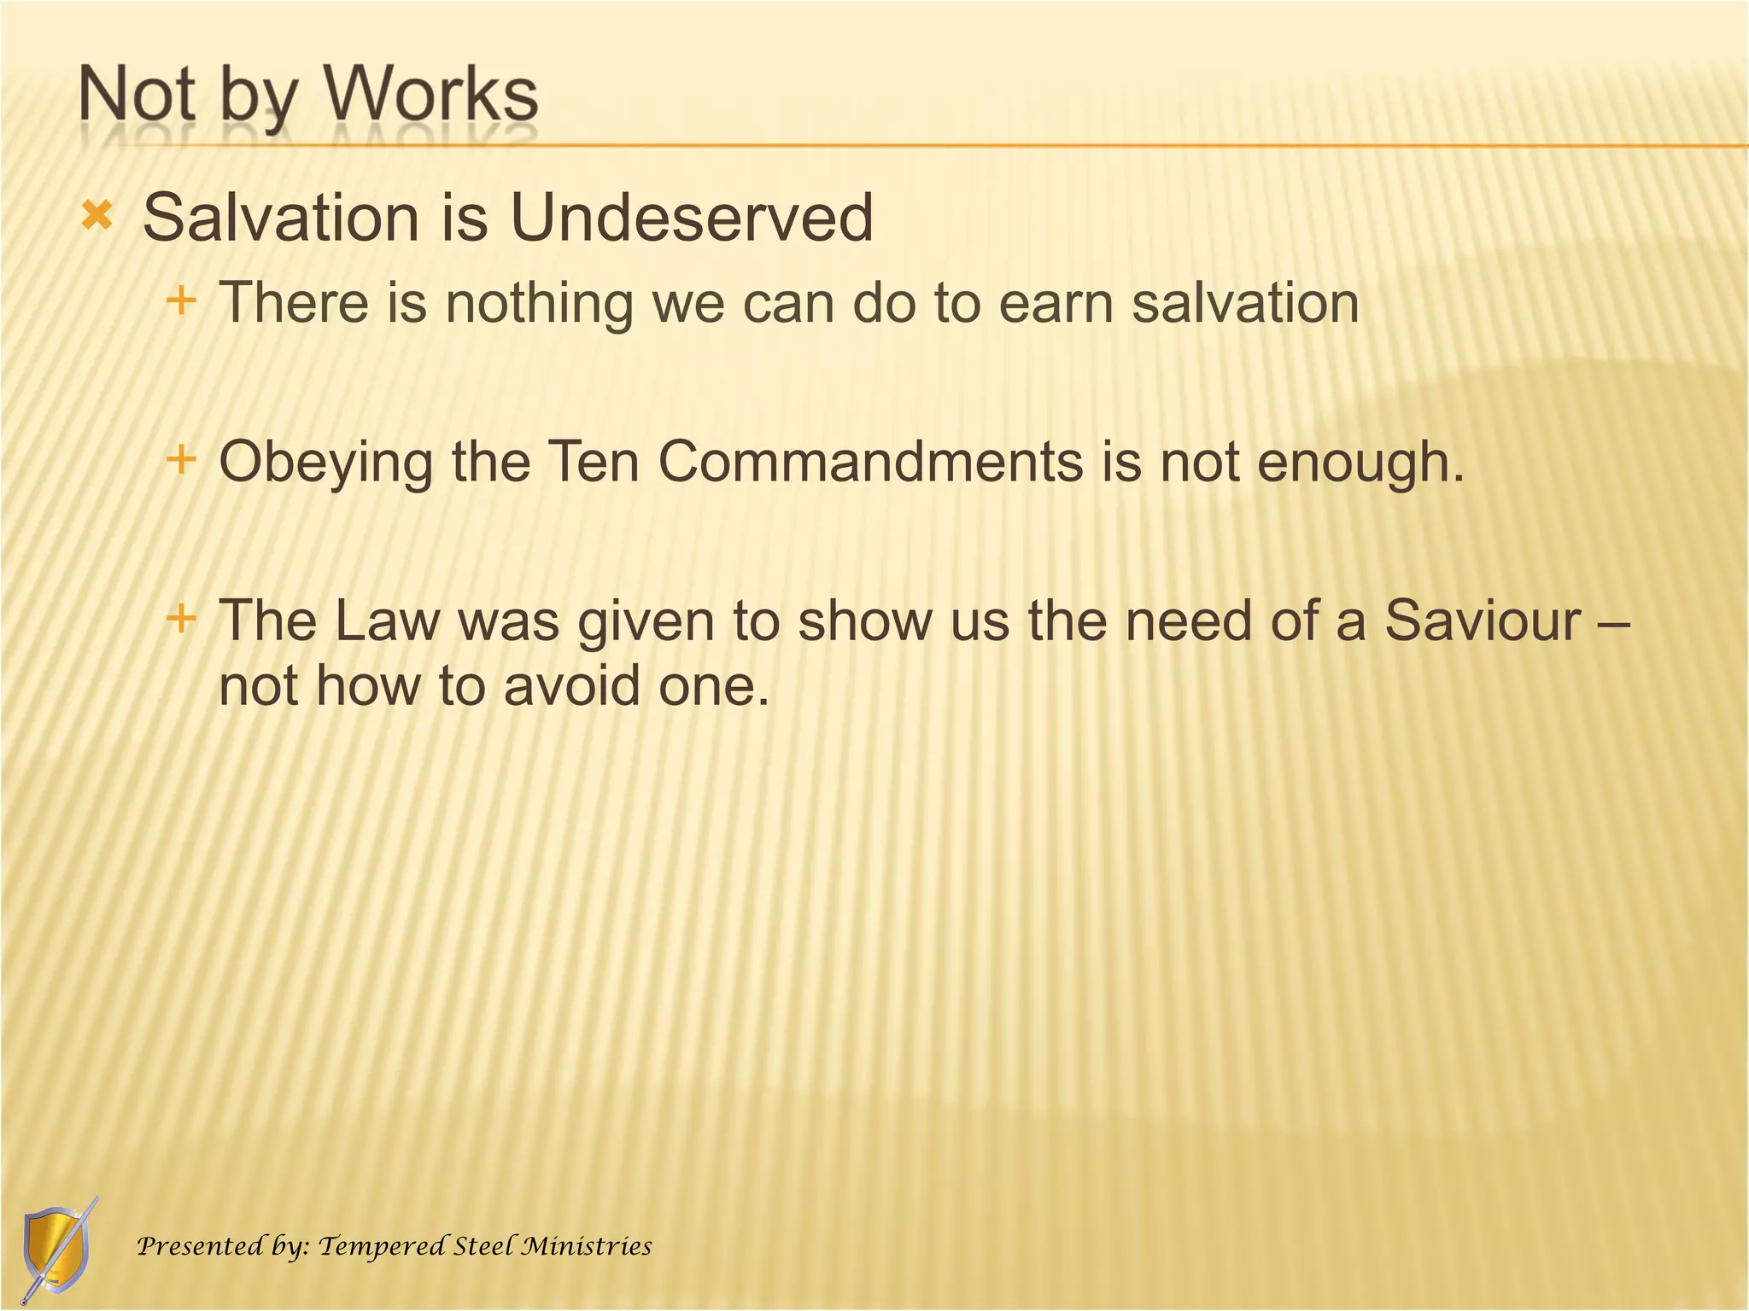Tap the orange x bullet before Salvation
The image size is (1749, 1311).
[x=97, y=216]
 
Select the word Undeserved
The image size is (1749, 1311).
[x=691, y=218]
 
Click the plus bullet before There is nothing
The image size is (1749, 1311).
[x=181, y=300]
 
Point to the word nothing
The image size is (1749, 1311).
[x=539, y=304]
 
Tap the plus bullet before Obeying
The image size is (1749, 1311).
[x=181, y=460]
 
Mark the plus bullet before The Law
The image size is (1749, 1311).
[x=181, y=617]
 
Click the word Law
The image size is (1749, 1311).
[x=386, y=621]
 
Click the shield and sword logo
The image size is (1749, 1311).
[x=57, y=1250]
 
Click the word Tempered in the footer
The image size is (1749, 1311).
[x=381, y=1247]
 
